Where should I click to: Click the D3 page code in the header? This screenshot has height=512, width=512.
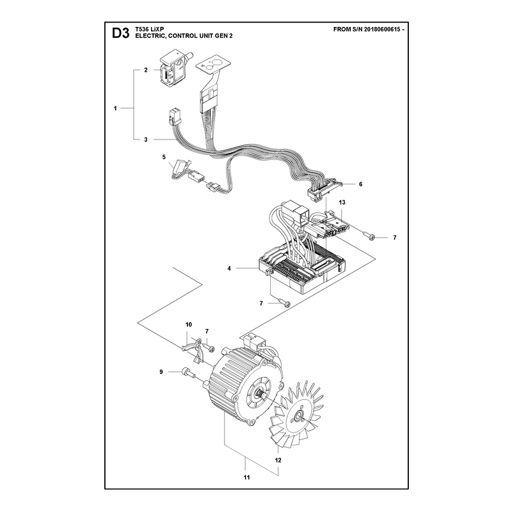[120, 33]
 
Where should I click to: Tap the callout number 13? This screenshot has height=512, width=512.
[342, 202]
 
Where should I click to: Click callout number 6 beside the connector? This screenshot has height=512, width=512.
[360, 184]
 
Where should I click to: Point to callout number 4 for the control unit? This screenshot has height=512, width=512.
[229, 268]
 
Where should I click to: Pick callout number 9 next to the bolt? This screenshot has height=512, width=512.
[161, 372]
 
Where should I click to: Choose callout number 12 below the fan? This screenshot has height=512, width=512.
[278, 460]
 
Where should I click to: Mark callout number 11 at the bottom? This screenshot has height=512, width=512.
[246, 477]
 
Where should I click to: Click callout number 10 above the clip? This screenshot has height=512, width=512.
[189, 324]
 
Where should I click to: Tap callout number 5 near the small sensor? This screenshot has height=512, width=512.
[164, 157]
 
